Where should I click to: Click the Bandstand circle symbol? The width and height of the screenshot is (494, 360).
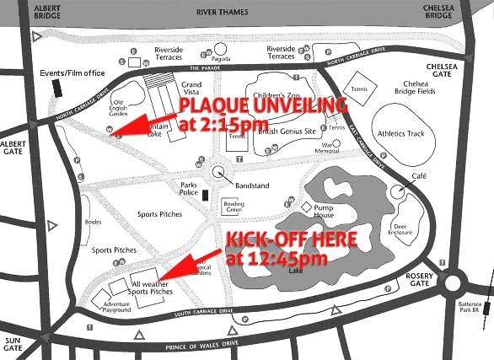219,171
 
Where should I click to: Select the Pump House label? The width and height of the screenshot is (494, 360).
324,210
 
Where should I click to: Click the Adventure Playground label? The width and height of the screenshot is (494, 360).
116,307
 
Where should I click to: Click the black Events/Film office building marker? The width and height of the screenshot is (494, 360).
56,89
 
